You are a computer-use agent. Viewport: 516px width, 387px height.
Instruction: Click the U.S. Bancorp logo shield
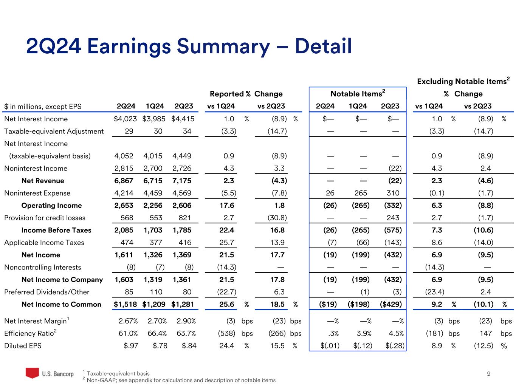32,373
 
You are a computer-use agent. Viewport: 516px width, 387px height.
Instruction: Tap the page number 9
489,374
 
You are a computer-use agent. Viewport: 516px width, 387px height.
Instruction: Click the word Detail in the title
323,46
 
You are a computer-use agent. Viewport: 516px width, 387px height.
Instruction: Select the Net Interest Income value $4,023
125,119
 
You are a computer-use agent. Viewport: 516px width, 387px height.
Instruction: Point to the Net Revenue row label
43,181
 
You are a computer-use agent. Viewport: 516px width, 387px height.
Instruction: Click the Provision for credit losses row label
45,218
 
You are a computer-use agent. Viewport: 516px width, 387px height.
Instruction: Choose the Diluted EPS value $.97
131,345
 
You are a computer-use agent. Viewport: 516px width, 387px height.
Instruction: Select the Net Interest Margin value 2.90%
186,321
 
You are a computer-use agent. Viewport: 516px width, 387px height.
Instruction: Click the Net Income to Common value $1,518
125,304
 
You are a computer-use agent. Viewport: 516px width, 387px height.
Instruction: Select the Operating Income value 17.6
227,205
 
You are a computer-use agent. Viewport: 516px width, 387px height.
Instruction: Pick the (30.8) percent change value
277,218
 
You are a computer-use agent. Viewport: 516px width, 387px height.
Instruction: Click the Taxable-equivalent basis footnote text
118,373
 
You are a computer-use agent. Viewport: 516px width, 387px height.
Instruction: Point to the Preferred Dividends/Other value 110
156,292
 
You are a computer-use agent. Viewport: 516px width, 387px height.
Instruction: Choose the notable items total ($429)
390,304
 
